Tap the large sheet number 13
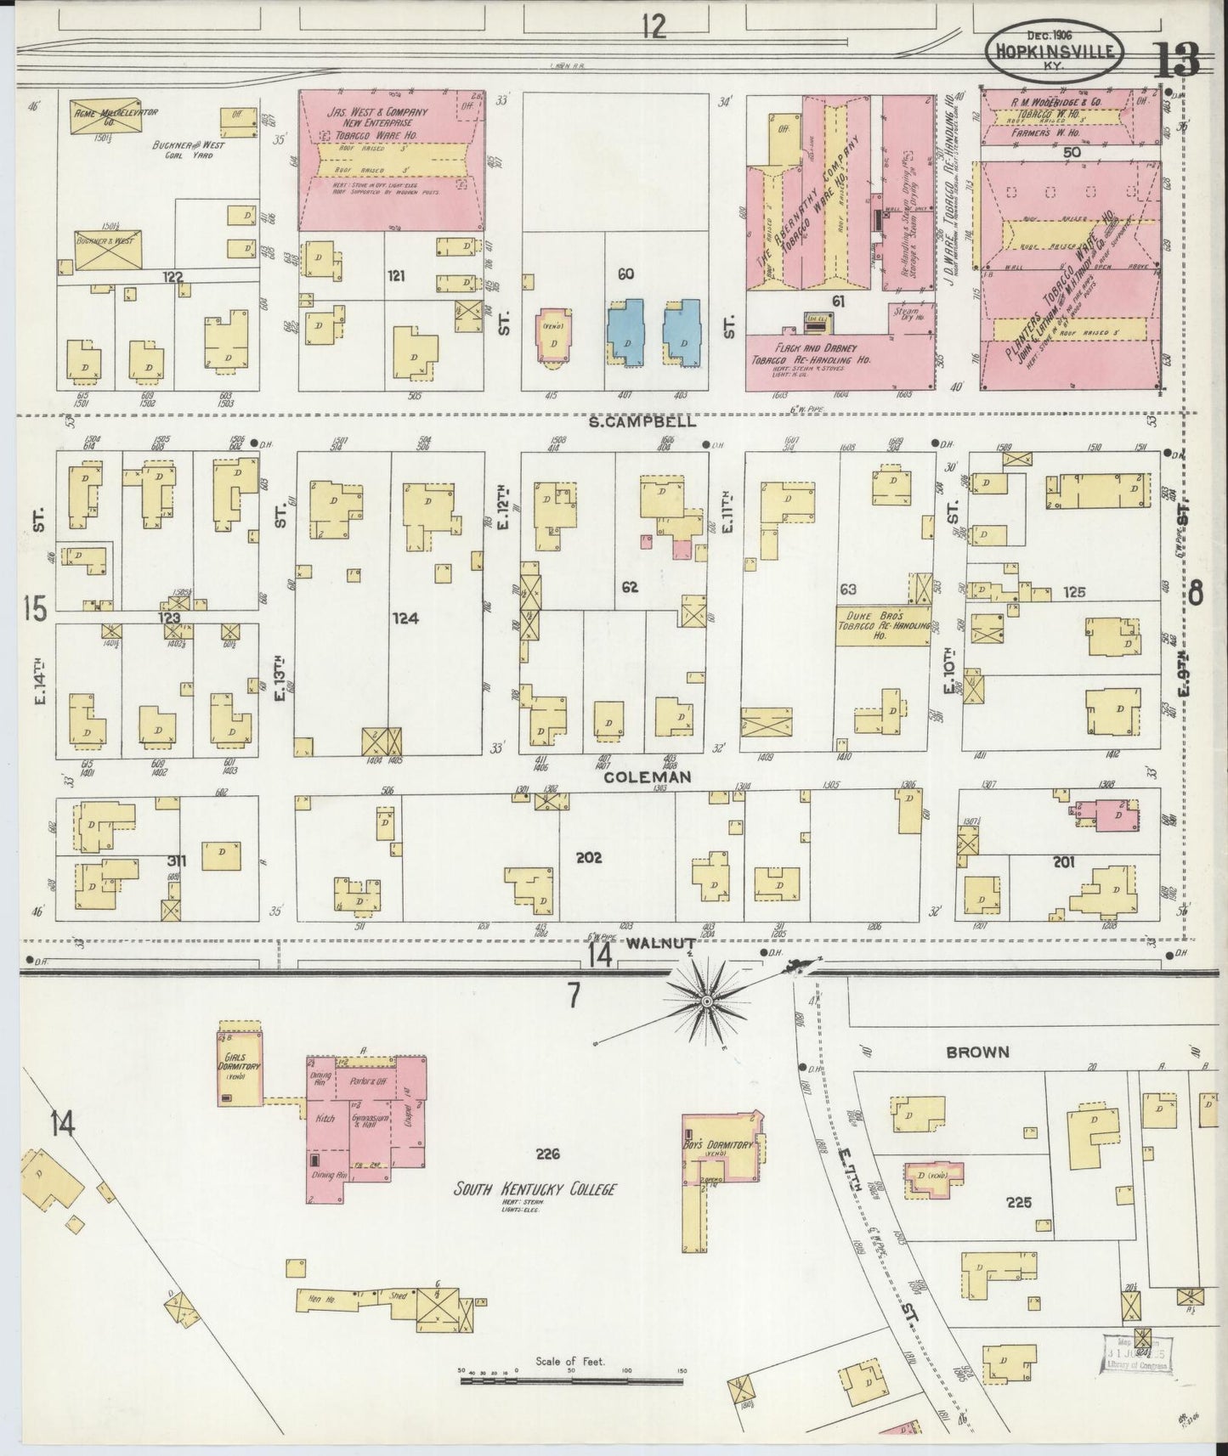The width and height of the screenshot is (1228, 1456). [1176, 59]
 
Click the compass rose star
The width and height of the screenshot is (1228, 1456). [705, 1003]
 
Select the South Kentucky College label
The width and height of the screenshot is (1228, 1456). [534, 1189]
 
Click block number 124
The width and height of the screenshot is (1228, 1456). [405, 618]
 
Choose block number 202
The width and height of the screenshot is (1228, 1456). [588, 857]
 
